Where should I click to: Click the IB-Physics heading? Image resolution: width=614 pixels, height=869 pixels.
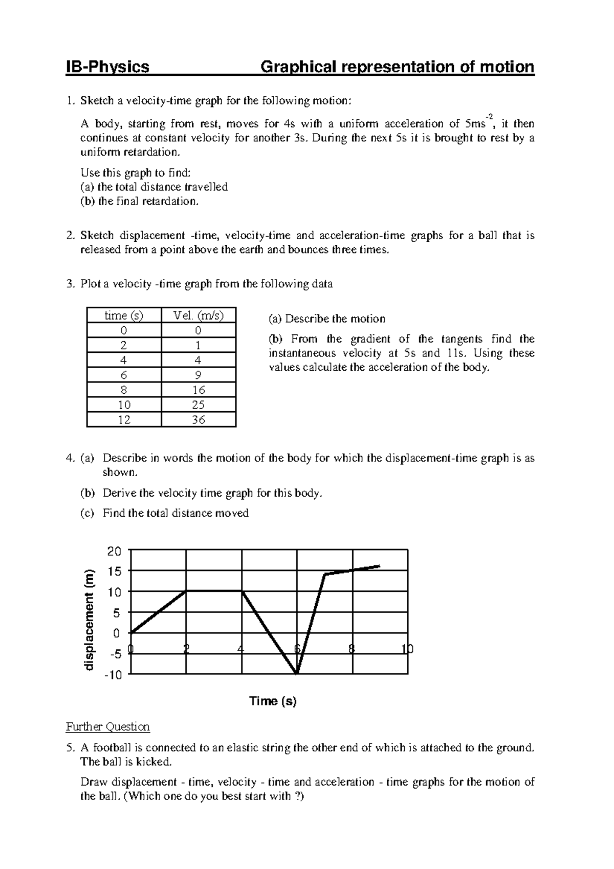107,67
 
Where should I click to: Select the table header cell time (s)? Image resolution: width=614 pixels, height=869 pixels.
124,315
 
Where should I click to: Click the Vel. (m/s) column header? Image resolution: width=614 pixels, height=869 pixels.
199,315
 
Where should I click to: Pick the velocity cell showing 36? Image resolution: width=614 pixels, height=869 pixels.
199,420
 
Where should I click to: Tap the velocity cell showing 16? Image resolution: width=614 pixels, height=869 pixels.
199,390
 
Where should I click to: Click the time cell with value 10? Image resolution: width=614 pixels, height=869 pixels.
124,405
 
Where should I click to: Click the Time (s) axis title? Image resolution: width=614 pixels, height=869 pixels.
273,702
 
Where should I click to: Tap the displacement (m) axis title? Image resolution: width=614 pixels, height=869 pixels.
90,620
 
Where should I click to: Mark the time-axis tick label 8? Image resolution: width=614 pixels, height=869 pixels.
351,649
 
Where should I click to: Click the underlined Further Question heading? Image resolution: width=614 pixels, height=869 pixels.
108,727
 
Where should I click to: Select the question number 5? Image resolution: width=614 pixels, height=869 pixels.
70,748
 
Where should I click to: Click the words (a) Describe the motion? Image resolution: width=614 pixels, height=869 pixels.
327,319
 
